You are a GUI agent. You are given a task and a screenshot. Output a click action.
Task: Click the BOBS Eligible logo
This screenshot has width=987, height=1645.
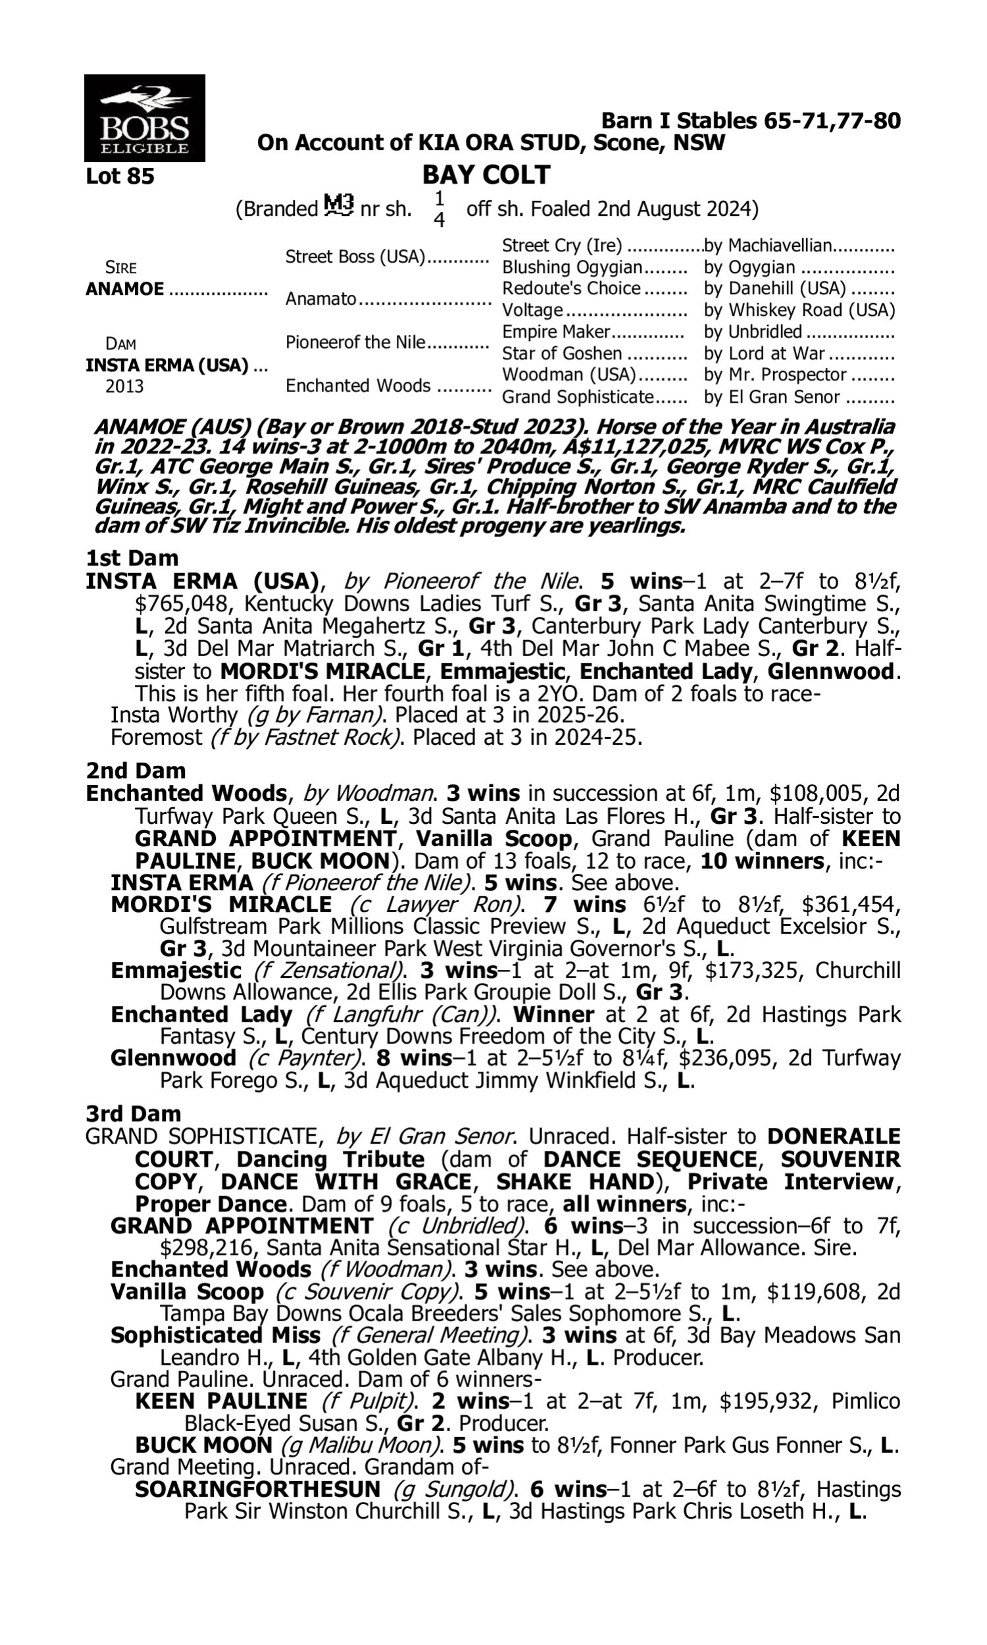[x=144, y=118]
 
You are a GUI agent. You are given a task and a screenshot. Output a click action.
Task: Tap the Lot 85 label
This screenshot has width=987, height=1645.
[x=120, y=177]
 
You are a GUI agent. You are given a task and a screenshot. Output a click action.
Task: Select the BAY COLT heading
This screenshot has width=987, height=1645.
[x=486, y=175]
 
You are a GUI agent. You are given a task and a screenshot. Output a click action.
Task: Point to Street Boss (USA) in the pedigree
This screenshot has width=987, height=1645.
[x=355, y=257]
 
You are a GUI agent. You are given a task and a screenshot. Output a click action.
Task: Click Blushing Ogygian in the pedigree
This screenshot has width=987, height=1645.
[x=572, y=267]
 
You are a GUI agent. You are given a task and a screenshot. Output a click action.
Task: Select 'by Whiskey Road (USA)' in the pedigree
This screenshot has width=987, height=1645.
[x=799, y=311]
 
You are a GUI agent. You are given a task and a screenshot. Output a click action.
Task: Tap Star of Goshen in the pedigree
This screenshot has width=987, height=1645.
[x=562, y=354]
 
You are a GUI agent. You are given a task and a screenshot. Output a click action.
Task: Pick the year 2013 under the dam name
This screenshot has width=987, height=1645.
[x=124, y=387]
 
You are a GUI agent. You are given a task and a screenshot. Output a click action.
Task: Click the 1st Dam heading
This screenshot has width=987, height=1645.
[x=132, y=558]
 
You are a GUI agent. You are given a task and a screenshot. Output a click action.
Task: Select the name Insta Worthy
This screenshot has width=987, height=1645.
[x=174, y=715]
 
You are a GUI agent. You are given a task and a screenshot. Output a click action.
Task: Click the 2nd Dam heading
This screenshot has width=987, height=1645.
[x=136, y=771]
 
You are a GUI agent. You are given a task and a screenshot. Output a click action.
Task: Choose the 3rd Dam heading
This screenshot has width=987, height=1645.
[x=133, y=1114]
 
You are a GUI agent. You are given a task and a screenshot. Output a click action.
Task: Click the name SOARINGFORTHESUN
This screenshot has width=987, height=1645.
[x=257, y=1490]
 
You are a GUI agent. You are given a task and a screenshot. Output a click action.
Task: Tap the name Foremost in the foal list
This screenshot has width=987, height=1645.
[x=156, y=738]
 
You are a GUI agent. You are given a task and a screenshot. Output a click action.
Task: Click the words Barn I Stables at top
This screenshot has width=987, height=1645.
[x=679, y=121]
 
